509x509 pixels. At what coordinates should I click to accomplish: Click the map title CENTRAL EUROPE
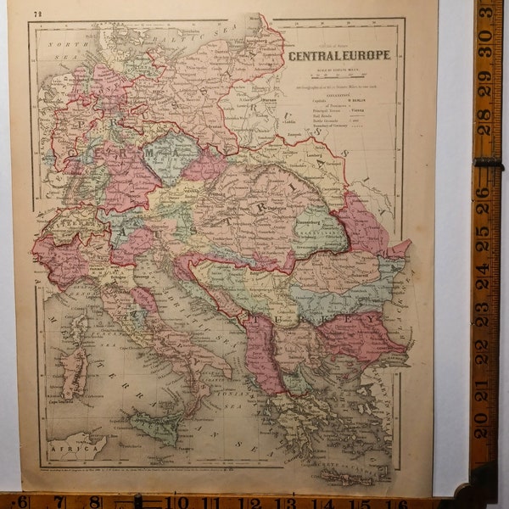[x=339, y=55]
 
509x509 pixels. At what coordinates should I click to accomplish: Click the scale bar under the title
[x=339, y=72]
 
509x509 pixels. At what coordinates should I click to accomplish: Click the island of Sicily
[x=153, y=424]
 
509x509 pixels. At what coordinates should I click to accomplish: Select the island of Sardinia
[x=74, y=373]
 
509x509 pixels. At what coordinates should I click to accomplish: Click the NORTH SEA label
[x=61, y=47]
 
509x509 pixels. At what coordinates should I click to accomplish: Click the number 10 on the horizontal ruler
[x=181, y=501]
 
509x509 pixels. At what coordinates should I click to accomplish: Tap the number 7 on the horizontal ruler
[x=60, y=501]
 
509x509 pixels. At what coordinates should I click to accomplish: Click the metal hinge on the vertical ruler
[x=488, y=161]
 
